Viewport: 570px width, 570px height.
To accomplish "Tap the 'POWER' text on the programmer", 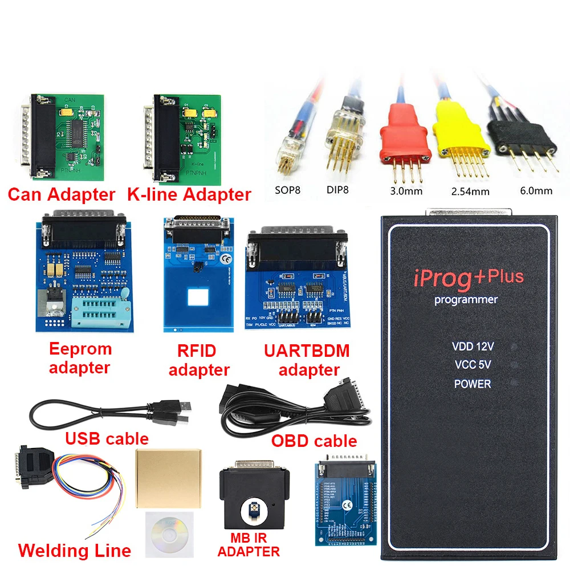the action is click(473, 384).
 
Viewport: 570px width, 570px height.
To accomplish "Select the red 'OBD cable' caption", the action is click(313, 441).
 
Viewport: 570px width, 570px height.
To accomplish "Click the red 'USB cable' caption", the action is click(107, 438).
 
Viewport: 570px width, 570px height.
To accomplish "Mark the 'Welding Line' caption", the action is click(75, 551).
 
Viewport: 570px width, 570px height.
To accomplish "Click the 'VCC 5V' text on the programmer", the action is click(473, 365).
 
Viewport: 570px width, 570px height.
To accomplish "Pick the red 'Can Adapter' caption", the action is click(62, 194).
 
